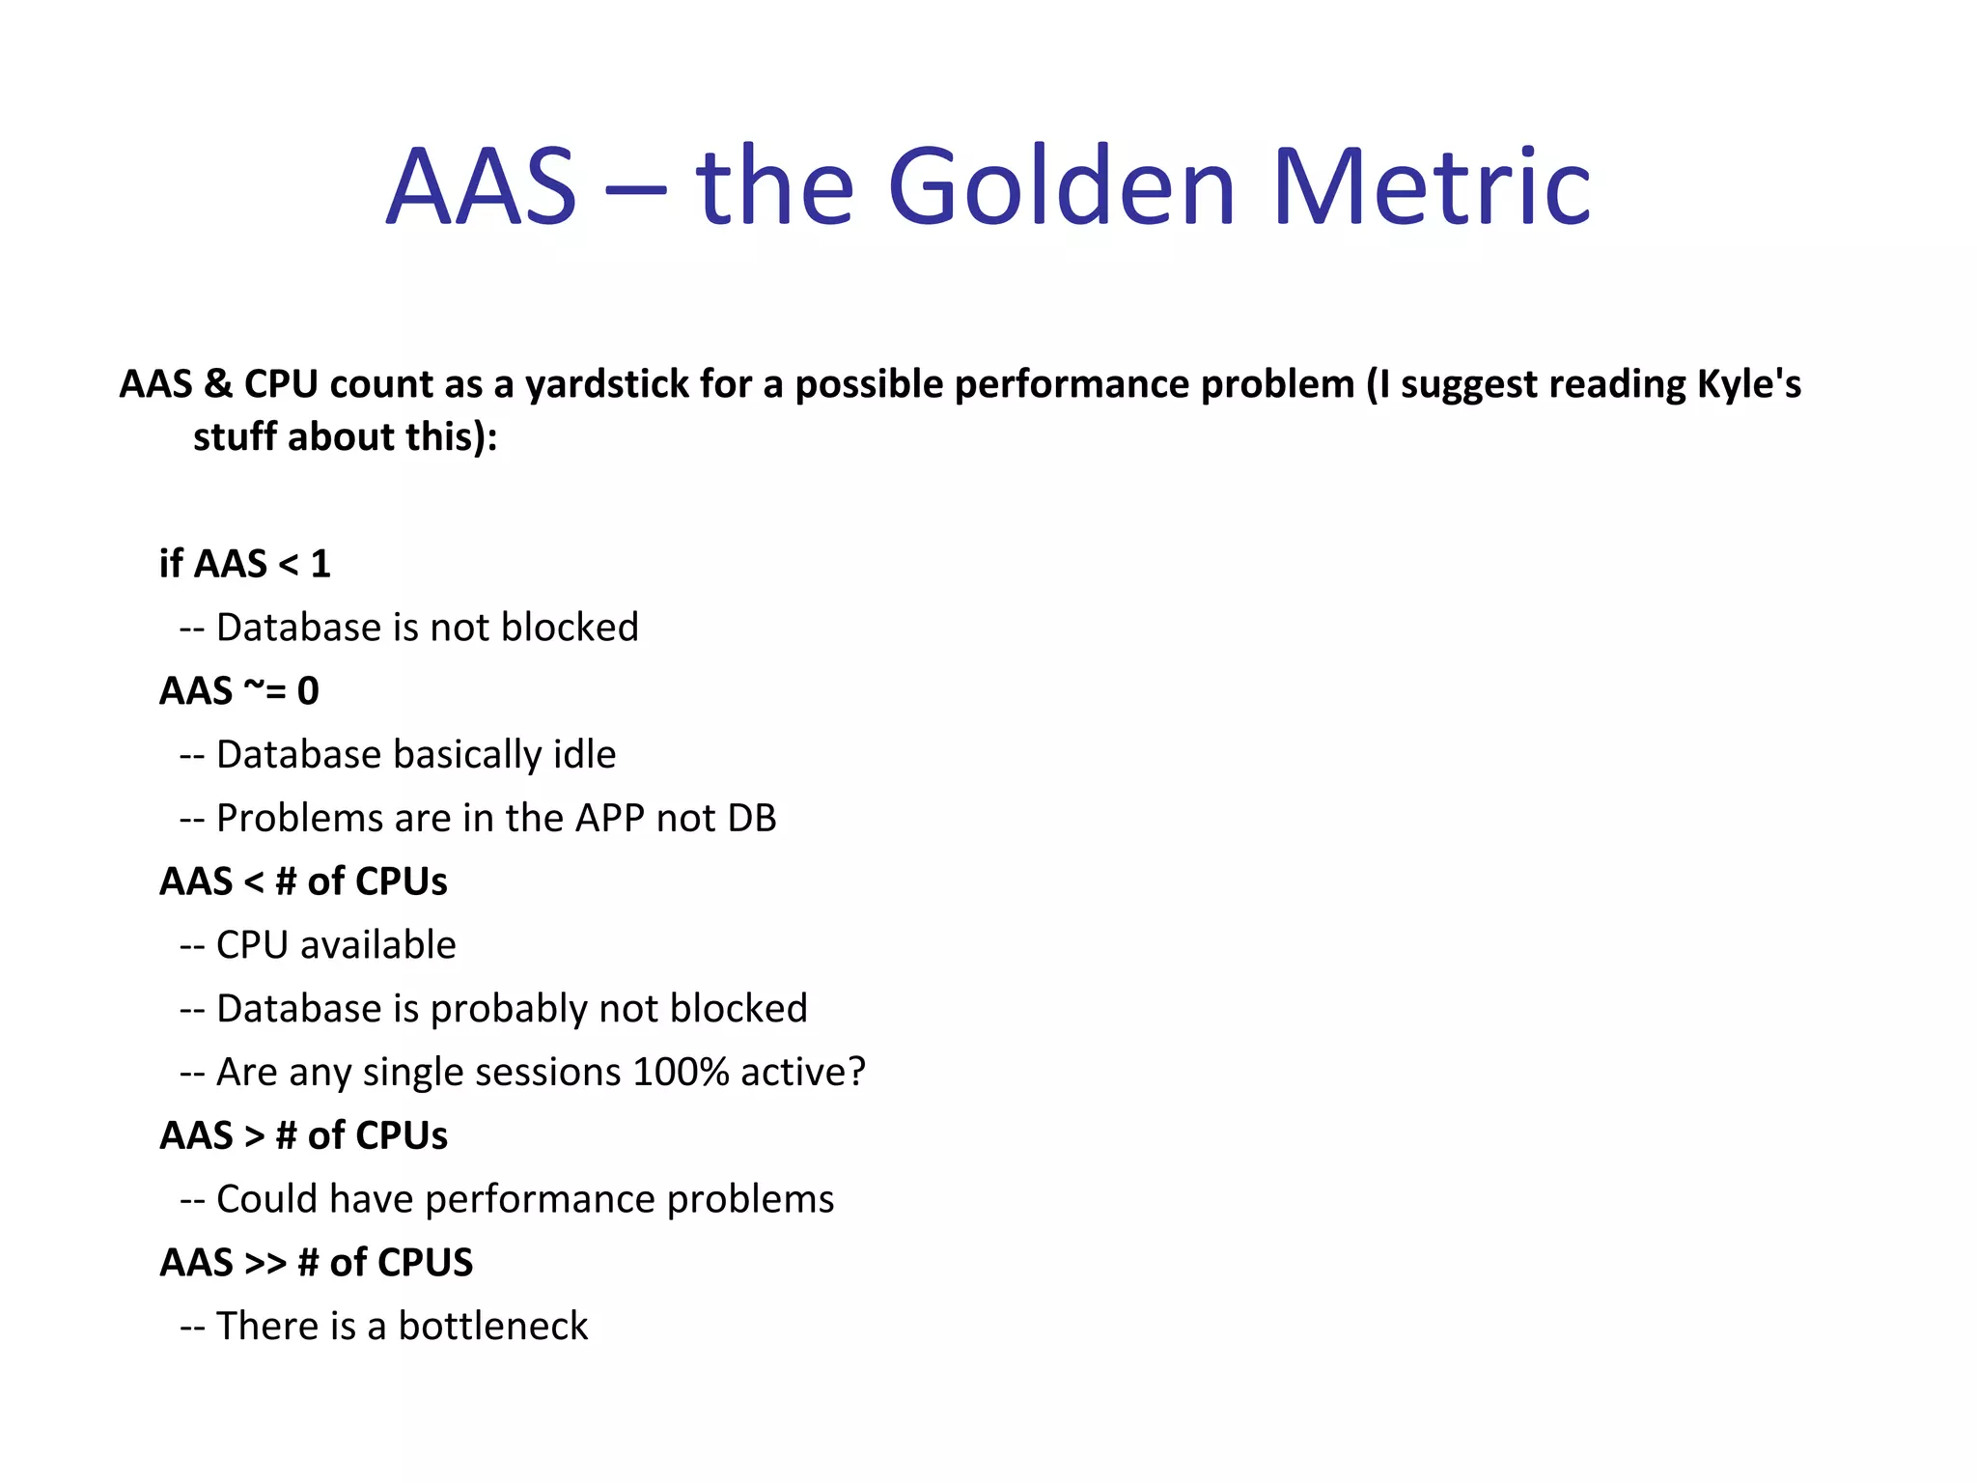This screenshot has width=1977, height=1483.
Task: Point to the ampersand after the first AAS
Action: click(x=218, y=384)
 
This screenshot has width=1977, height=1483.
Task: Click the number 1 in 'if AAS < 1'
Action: click(x=320, y=564)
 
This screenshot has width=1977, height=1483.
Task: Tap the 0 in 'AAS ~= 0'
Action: click(x=308, y=691)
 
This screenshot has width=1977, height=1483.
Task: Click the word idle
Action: click(x=584, y=755)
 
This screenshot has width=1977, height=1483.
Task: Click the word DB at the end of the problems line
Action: click(x=752, y=819)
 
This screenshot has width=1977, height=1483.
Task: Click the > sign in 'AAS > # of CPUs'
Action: click(x=255, y=1136)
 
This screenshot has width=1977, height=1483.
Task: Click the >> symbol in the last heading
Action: click(x=265, y=1264)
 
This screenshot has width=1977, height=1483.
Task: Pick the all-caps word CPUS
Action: click(x=426, y=1263)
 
